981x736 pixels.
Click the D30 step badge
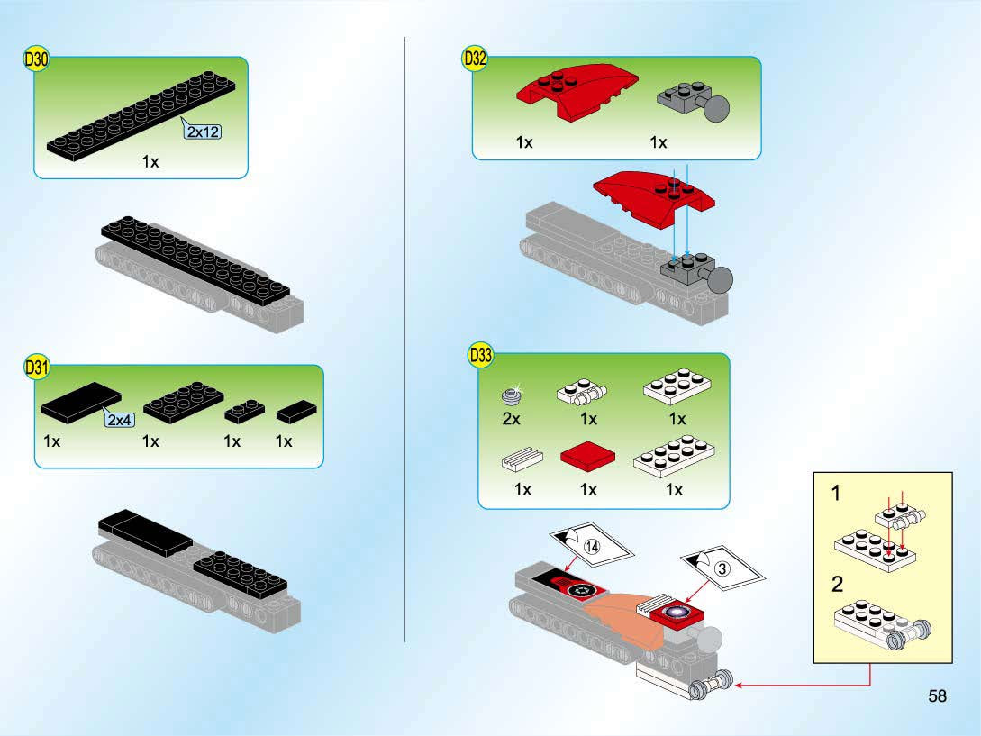36,59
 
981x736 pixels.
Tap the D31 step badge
36,366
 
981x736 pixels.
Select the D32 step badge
474,59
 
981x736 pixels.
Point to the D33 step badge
480,355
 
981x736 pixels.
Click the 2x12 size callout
203,132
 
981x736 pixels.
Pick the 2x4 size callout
119,419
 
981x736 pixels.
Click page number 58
937,696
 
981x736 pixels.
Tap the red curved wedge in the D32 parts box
577,91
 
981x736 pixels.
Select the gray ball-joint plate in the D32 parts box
693,100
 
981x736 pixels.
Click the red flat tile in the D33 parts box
587,455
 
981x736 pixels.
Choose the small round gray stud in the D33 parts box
511,395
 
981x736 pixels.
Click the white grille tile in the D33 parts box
522,459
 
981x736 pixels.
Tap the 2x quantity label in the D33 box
511,419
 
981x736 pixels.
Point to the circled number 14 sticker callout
592,546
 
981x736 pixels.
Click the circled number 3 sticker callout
722,568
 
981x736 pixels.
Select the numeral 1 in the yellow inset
836,493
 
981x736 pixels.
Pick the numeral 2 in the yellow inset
837,585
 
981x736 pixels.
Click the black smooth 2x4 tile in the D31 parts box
81,401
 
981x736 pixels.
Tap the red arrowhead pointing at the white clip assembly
740,686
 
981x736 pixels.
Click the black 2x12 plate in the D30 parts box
141,116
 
